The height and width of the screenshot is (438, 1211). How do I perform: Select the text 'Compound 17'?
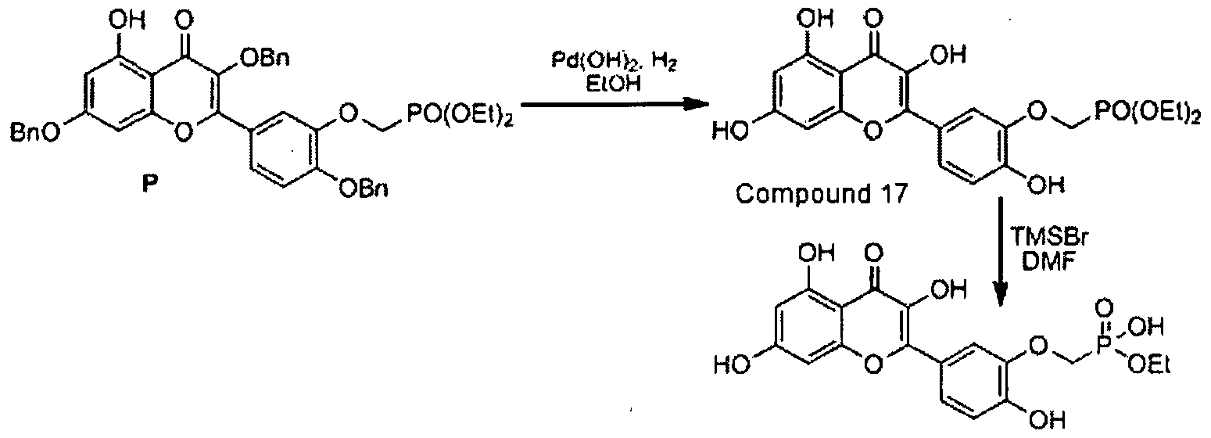821,194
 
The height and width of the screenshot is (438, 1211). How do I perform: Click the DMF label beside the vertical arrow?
1048,264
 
